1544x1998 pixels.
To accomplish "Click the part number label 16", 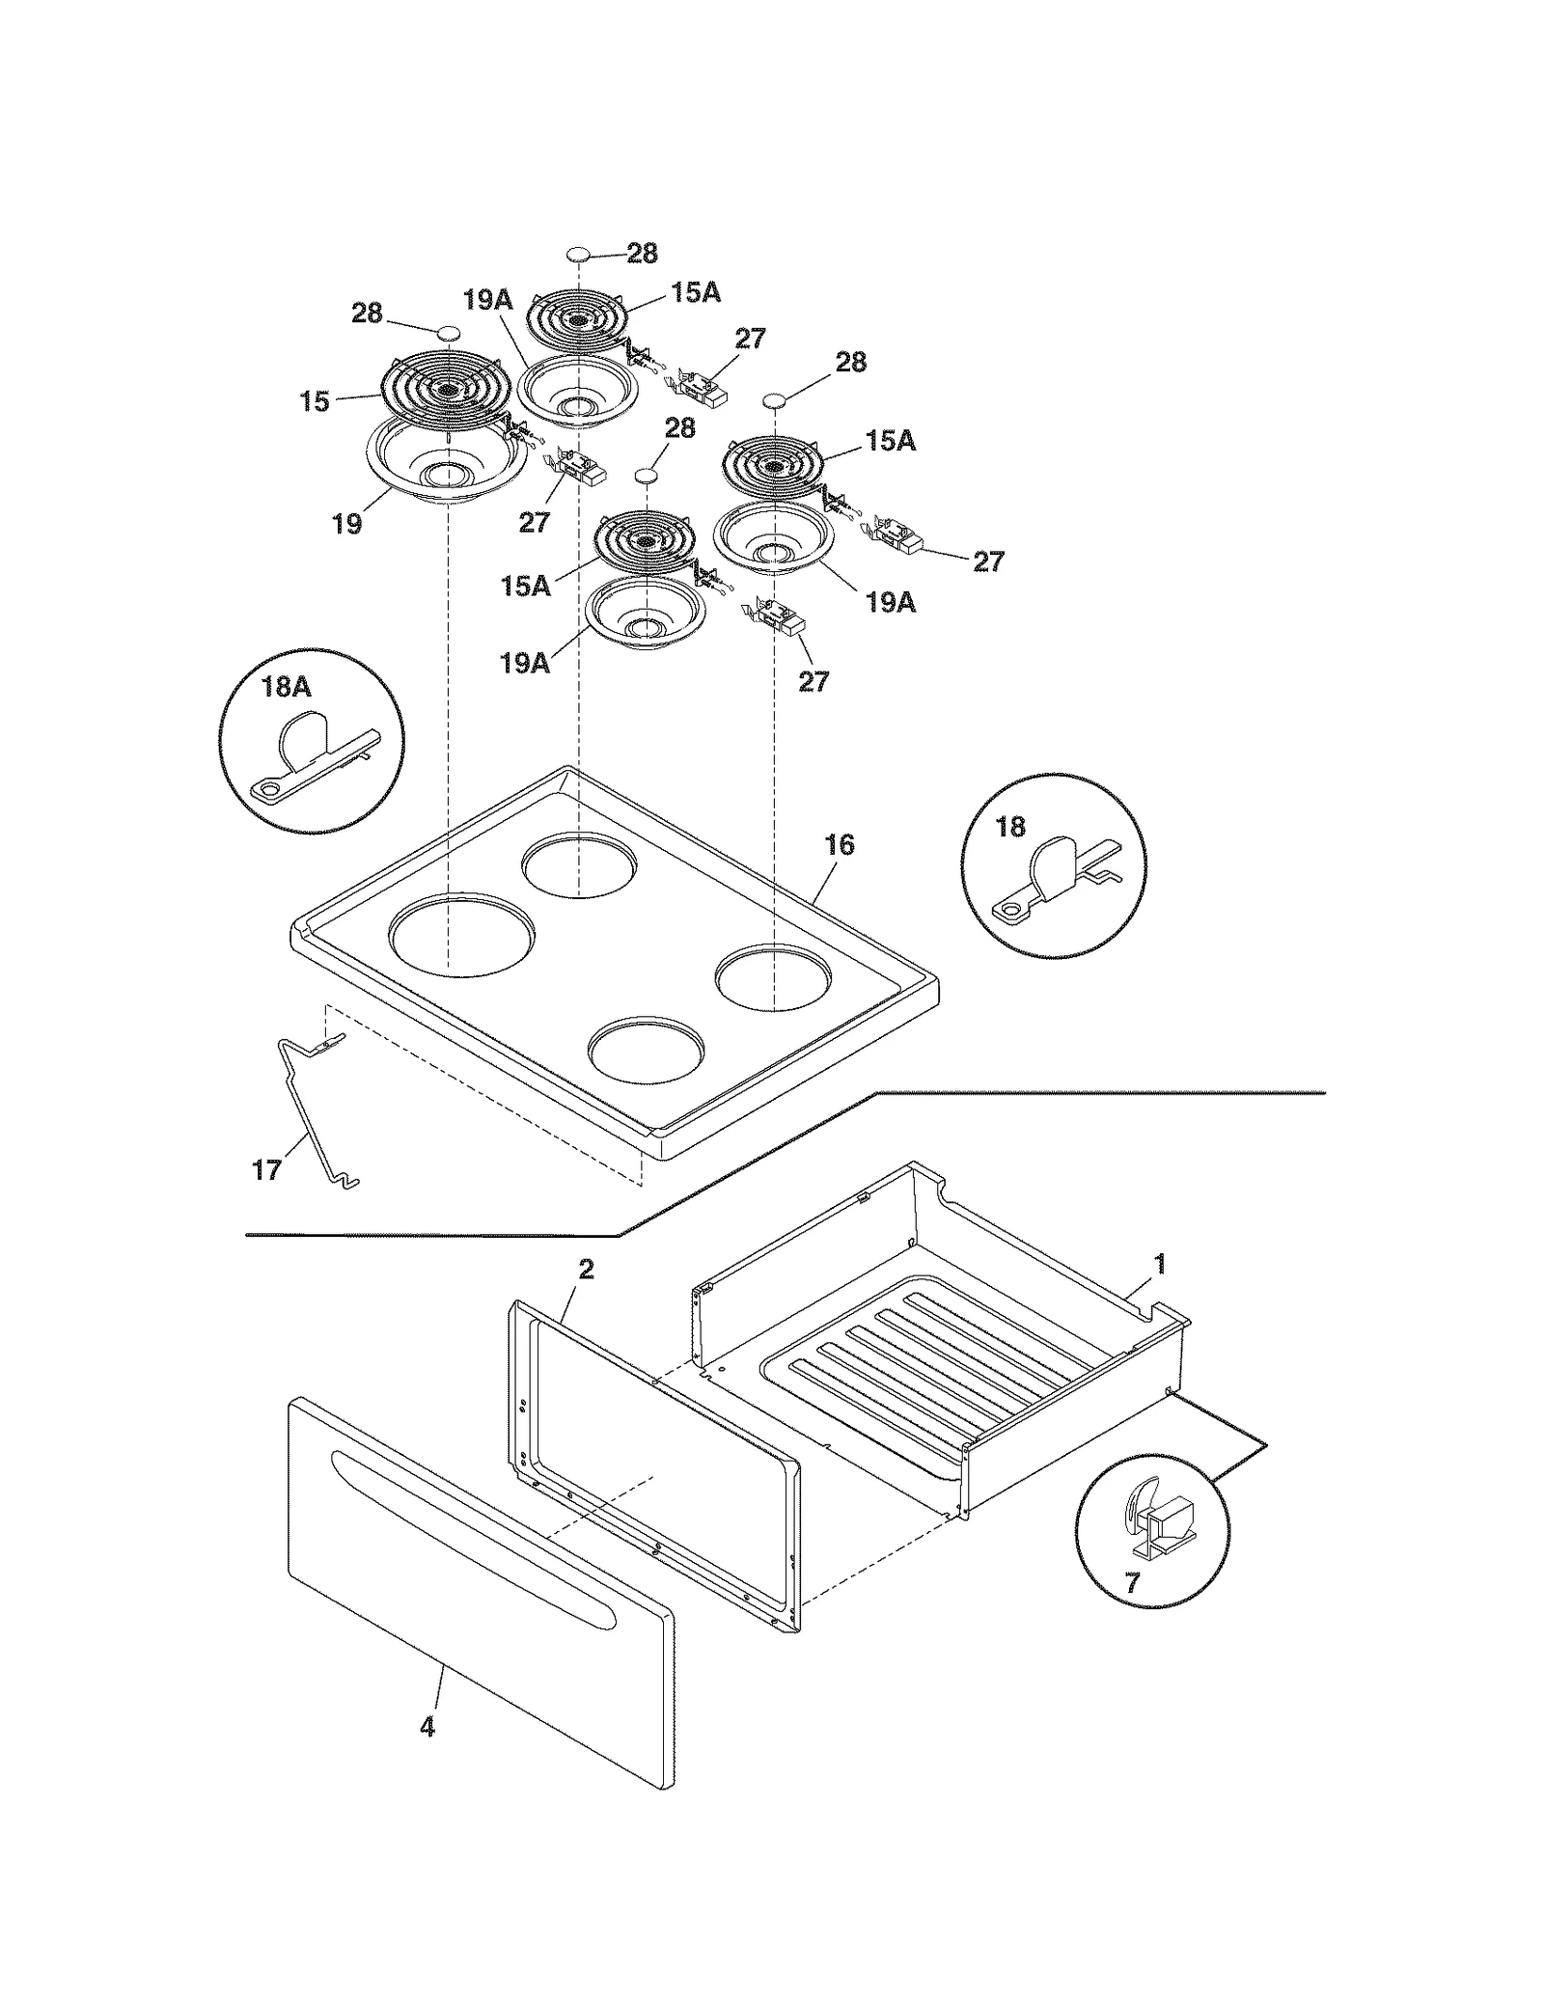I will [839, 845].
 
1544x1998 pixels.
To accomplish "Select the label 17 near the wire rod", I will [266, 1170].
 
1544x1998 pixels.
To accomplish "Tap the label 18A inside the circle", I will [286, 687].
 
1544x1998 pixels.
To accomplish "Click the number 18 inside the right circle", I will [1009, 827].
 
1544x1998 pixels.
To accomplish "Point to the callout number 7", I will [1131, 1582].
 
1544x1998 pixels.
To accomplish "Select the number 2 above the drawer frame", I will [586, 1270].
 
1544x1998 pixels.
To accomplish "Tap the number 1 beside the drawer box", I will [1160, 1263].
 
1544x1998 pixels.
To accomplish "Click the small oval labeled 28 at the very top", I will [577, 255].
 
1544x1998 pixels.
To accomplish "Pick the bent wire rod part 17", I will [311, 1109].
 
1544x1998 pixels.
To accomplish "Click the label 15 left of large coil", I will [315, 401].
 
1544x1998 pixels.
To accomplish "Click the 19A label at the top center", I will [487, 300].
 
